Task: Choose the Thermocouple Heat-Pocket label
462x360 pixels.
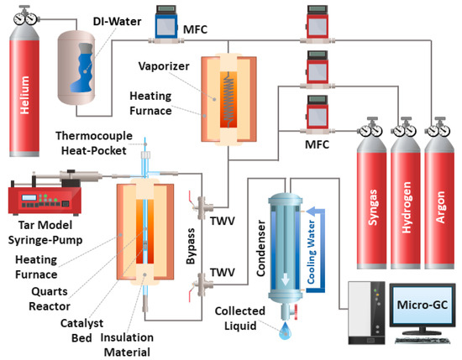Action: pos(89,143)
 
